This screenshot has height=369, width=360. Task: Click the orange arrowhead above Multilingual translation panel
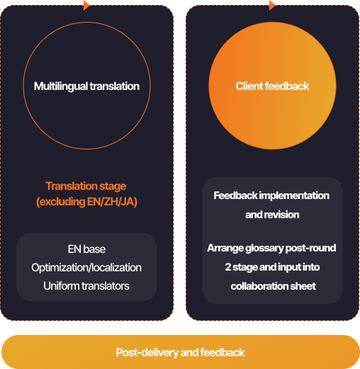[86, 5]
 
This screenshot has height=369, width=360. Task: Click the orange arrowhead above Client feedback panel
[272, 5]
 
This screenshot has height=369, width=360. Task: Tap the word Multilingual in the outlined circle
[61, 86]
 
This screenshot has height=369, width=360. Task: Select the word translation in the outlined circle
[115, 86]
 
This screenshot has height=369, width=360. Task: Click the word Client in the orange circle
[249, 86]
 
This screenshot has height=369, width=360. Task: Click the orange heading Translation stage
[86, 186]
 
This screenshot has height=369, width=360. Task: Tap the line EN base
[86, 249]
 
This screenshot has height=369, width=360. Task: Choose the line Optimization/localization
[86, 268]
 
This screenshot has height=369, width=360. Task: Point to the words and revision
[272, 215]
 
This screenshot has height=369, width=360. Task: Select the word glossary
[264, 249]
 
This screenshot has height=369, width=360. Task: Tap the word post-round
[311, 248]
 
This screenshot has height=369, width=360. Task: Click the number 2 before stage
[228, 267]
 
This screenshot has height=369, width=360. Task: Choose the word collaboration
[259, 286]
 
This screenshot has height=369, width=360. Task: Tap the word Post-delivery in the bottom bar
[147, 353]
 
